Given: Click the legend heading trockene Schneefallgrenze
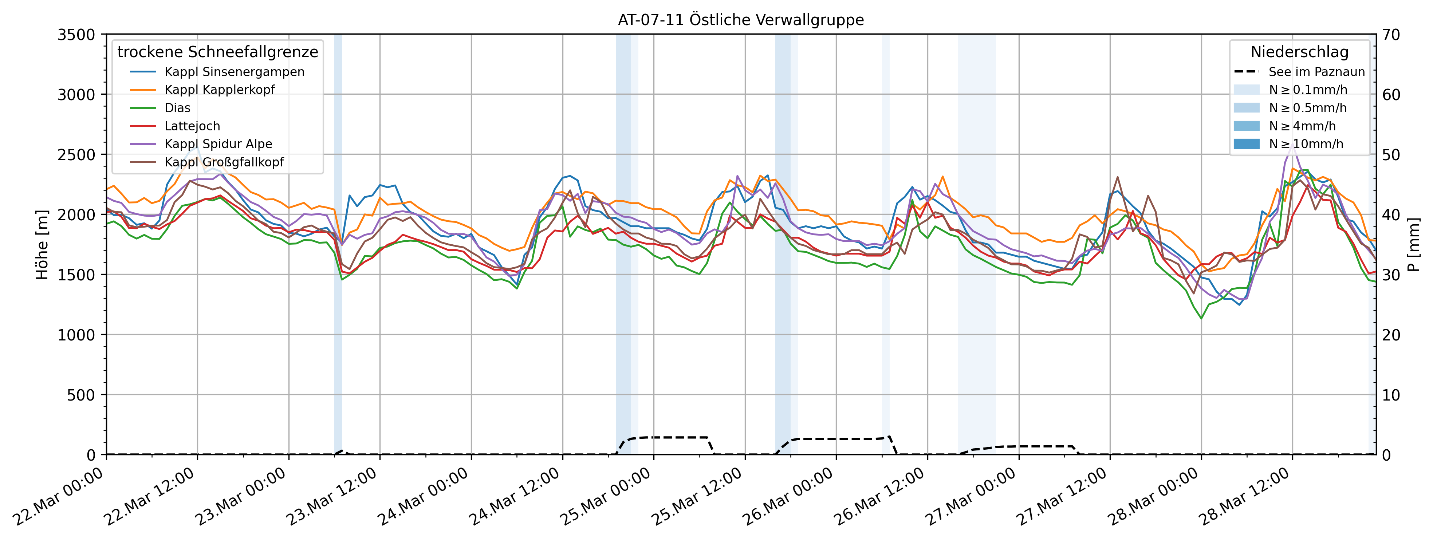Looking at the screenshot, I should [217, 52].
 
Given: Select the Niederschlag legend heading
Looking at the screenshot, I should [1299, 52].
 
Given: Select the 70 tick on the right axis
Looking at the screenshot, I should [1392, 35].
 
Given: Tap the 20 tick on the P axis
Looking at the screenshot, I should [1392, 335].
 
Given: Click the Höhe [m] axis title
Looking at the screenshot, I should [42, 245].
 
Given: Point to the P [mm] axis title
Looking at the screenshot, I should [1414, 245].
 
